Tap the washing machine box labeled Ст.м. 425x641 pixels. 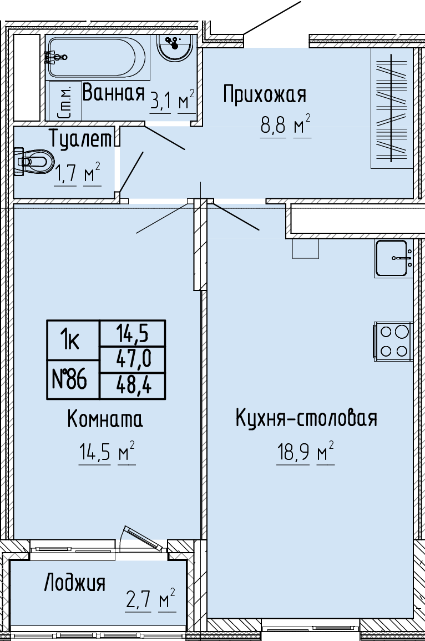pos(65,101)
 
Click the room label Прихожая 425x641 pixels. pos(265,95)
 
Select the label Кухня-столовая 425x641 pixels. pos(307,418)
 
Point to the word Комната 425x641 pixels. pos(105,419)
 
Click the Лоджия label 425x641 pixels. pos(75,583)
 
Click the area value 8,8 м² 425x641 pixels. pos(285,126)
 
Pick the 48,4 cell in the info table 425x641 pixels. pos(133,385)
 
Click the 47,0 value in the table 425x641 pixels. pos(133,360)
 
